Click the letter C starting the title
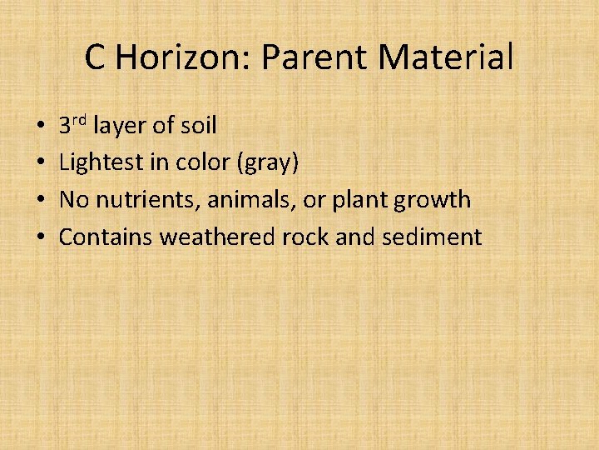[x=95, y=57]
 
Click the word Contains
[x=106, y=237]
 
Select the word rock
[x=305, y=237]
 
